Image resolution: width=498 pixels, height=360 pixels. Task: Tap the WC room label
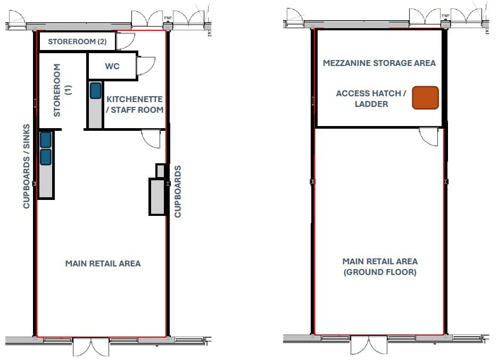coord(112,66)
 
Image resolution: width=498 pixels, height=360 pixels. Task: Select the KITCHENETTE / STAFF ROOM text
coord(135,104)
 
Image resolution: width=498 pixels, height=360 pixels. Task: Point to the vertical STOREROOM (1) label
coord(62,90)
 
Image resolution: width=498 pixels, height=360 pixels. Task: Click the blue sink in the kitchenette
coord(95,90)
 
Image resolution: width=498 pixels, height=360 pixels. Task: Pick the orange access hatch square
coord(425,98)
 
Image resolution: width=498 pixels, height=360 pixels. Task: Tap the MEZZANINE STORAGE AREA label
coord(379,63)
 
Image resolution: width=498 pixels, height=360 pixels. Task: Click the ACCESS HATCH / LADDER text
coord(371,98)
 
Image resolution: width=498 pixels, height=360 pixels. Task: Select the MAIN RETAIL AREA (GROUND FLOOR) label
coord(380,266)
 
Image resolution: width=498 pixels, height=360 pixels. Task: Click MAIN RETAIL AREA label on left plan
coord(103,263)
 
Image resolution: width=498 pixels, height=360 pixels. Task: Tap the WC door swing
coord(144,66)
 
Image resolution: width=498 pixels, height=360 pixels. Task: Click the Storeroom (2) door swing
coord(126,41)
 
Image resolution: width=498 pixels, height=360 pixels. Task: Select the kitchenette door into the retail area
coord(151,139)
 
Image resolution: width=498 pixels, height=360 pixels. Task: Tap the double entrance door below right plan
coord(369,345)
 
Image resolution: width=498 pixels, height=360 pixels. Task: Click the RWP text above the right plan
coord(445,16)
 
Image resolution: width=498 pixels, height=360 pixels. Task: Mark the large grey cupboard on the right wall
coord(157,197)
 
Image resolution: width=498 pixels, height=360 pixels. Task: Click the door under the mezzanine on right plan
coord(429,136)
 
